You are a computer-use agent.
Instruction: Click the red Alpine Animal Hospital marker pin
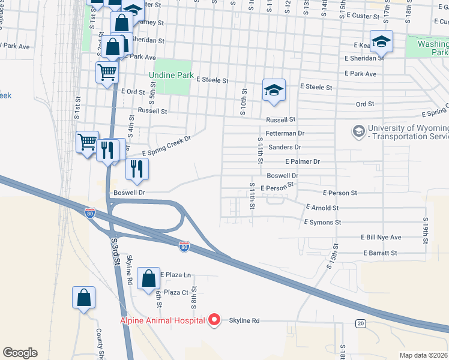[212, 321]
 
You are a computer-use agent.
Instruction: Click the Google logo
[20, 353]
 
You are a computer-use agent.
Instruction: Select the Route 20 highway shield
[360, 323]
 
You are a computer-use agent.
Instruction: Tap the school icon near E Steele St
[274, 90]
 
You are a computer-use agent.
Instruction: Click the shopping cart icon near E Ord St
[107, 73]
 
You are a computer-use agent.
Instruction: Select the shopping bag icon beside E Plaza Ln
[148, 279]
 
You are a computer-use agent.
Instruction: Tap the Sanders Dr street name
[285, 147]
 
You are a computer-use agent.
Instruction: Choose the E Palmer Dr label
[303, 161]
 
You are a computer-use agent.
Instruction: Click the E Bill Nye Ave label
[381, 238]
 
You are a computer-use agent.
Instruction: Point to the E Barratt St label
[380, 253]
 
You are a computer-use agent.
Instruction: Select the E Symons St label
[322, 222]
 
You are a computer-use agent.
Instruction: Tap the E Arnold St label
[322, 208]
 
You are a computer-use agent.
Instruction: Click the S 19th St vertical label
[424, 227]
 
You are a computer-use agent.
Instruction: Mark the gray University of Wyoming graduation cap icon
[358, 131]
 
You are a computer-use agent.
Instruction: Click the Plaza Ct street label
[176, 292]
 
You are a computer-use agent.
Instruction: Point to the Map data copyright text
[423, 355]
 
